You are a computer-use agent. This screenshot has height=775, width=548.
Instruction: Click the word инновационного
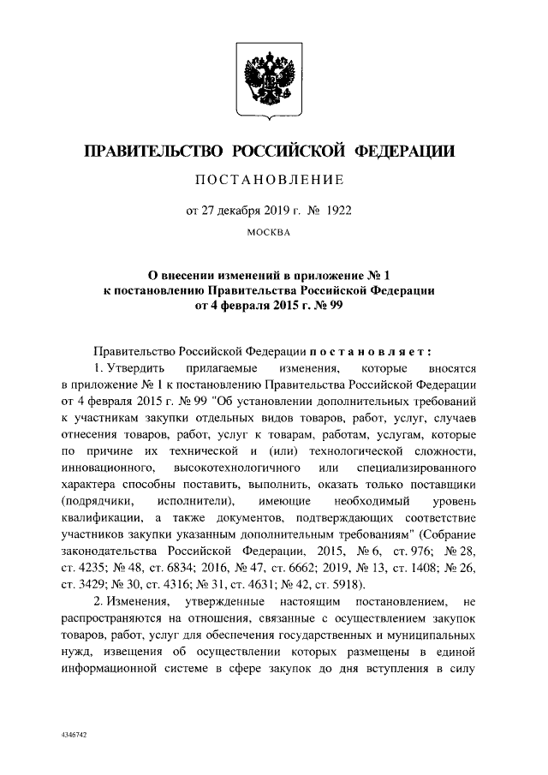tap(107, 468)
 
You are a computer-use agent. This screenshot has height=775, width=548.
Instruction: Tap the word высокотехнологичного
tap(237, 468)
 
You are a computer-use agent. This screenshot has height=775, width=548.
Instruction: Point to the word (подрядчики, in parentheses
tap(98, 502)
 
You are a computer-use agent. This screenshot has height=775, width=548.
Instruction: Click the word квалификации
tap(102, 519)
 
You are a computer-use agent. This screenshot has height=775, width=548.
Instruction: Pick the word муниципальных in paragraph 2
tap(433, 636)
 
